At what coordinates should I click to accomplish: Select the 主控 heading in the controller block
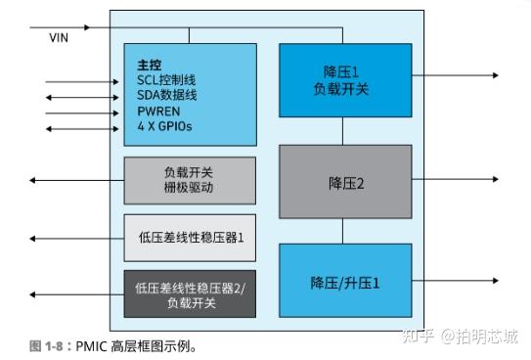(x=150, y=65)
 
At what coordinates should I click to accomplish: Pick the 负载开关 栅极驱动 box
(x=190, y=181)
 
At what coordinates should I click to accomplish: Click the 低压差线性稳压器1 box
(x=190, y=238)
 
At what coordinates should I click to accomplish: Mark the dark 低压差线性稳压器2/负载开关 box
(x=190, y=293)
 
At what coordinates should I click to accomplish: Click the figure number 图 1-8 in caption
(x=49, y=346)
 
